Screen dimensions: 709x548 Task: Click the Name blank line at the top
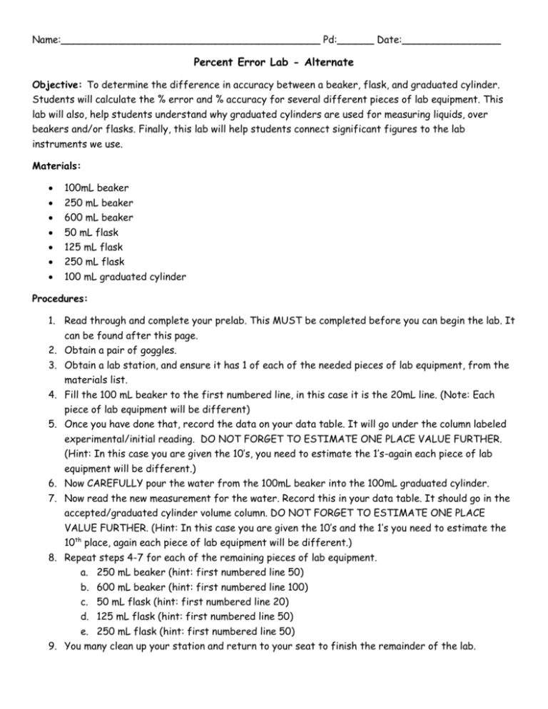click(x=190, y=41)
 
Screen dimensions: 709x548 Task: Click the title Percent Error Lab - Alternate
click(x=273, y=63)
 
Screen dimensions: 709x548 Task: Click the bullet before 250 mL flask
click(x=46, y=262)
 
